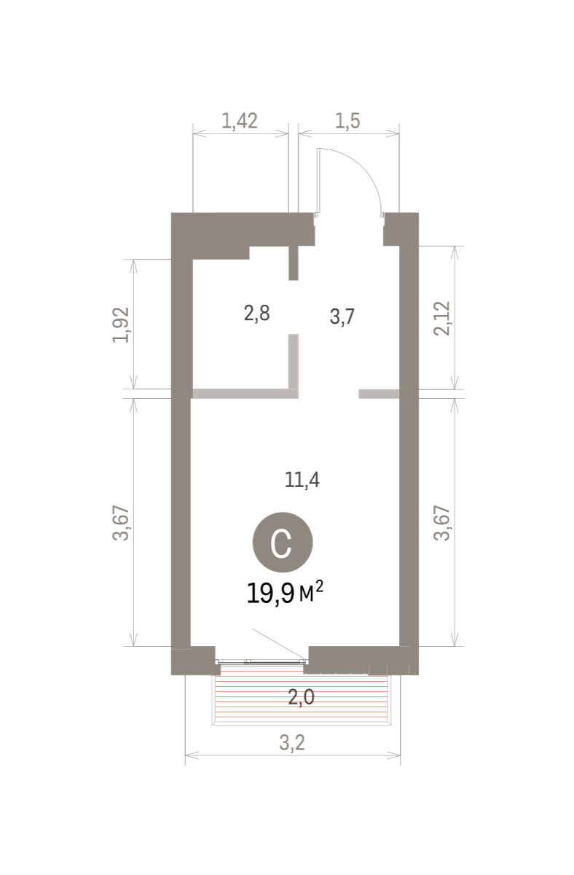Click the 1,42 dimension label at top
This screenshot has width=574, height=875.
pos(240,121)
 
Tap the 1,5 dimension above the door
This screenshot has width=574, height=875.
pos(347,121)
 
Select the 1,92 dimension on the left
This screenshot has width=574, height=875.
pos(121,325)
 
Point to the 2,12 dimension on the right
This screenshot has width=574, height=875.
pos(442,319)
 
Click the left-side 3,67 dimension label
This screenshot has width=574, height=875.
pos(121,523)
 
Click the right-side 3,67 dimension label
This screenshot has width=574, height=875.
pos(442,523)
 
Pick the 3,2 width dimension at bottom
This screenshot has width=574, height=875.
pos(292,742)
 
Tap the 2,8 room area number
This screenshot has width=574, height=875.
pos(256,314)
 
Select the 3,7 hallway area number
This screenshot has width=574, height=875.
pos(342,316)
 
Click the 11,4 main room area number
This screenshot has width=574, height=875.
pos(302,480)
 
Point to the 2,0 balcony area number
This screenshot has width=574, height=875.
pos(302,697)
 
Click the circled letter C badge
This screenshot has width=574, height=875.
pos(283,542)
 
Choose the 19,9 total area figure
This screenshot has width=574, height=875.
pos(270,594)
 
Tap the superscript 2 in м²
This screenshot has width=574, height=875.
pos(319,586)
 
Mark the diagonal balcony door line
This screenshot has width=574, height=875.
pos(280,644)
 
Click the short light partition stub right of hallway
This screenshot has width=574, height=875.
pos(379,394)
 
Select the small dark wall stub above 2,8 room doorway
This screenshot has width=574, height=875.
pos(294,263)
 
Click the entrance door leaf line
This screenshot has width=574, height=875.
pos(318,182)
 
